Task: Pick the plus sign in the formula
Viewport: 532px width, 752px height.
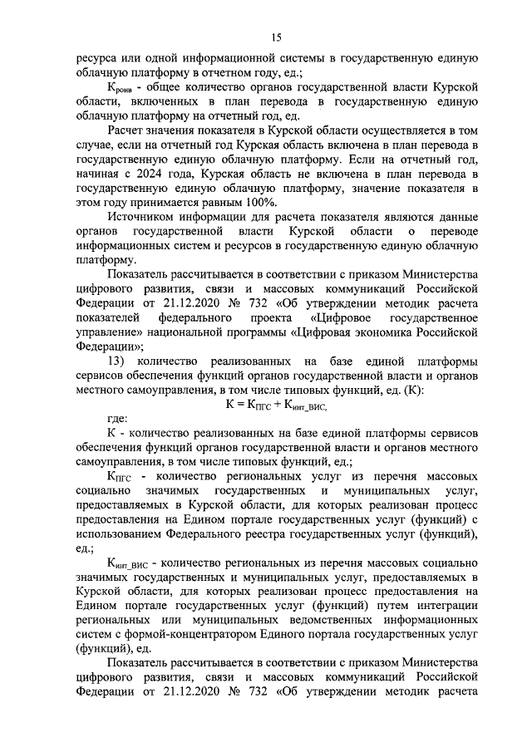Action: [278, 405]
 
